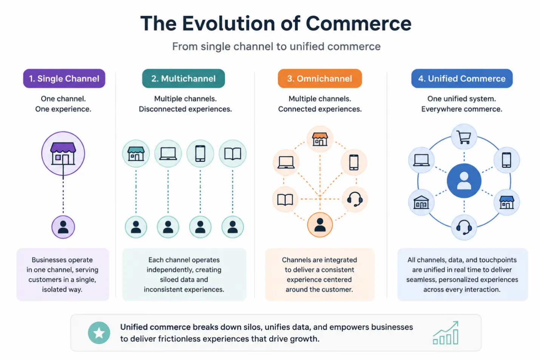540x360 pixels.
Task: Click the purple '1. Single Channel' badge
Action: point(64,79)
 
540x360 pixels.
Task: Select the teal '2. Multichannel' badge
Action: point(184,79)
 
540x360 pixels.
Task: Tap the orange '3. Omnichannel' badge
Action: point(320,79)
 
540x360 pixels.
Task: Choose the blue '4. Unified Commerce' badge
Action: point(462,79)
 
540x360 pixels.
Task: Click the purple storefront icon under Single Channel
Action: point(63,153)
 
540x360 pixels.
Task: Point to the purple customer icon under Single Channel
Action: point(63,227)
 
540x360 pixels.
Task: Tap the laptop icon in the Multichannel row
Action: point(168,154)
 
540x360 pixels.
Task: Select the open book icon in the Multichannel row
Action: point(233,154)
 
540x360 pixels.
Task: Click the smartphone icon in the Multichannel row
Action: point(201,154)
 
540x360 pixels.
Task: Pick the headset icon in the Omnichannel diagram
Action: point(355,199)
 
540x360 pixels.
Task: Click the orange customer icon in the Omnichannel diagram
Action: point(320,225)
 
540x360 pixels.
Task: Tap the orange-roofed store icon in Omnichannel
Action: point(320,139)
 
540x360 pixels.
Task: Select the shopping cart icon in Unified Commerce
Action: point(464,137)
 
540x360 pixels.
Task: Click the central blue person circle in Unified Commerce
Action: point(464,181)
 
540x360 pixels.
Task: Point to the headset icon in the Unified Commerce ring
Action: point(464,227)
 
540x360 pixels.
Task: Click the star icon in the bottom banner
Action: point(99,333)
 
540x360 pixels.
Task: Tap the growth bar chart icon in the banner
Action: point(446,332)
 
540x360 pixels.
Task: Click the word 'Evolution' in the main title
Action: point(228,24)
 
